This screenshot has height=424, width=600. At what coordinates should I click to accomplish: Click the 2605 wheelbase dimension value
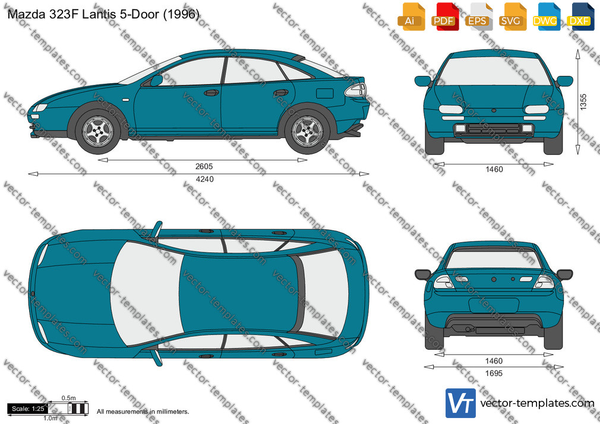pos(204,166)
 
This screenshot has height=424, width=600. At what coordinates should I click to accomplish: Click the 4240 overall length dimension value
pos(205,179)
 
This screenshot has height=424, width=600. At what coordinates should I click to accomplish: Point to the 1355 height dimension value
pos(583,102)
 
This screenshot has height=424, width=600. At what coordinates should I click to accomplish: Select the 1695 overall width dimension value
pos(494,374)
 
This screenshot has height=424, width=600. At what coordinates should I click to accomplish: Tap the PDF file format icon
pos(444,17)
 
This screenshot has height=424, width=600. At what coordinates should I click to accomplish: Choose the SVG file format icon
pos(512,17)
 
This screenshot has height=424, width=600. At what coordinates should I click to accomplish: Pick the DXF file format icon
pos(580,17)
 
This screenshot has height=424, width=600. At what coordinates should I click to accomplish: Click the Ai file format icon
pos(411,17)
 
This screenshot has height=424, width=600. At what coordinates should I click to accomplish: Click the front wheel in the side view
pos(98,131)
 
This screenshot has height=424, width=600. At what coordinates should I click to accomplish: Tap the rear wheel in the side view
pos(307,131)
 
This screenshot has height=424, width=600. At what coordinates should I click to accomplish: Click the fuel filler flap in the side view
pos(325,93)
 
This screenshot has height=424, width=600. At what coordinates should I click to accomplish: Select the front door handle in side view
pos(211,93)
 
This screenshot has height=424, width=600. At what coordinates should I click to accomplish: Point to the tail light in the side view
pos(356,90)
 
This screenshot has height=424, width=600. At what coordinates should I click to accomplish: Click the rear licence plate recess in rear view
pos(494,306)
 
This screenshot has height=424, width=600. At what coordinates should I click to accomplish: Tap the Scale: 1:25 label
pos(28,409)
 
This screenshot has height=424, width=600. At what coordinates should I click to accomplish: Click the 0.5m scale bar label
pos(69,398)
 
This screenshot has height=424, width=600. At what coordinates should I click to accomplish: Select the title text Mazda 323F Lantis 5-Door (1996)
pos(103,14)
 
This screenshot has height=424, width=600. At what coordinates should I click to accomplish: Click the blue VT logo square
pos(461,403)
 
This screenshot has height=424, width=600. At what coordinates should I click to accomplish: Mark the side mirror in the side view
pos(156,81)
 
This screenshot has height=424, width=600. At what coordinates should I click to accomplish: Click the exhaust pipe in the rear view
pos(468,329)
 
